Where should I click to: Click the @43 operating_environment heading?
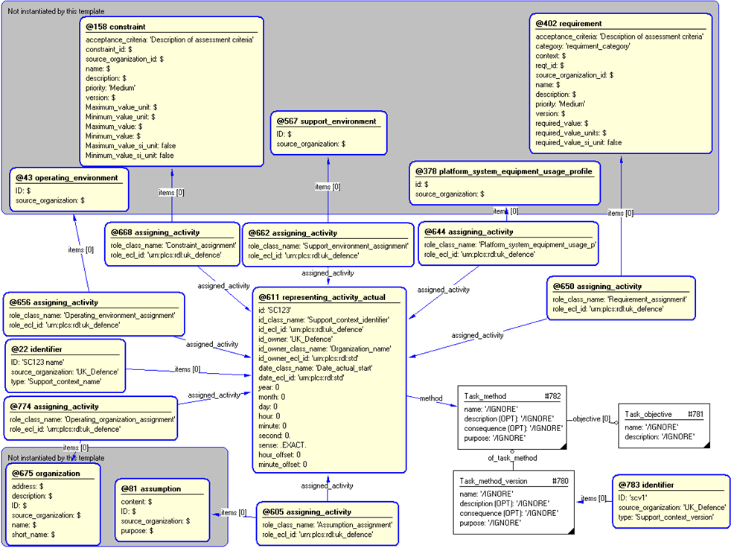point(67,178)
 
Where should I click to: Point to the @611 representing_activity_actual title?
point(322,297)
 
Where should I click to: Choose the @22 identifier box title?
point(36,348)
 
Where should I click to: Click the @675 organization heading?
point(46,473)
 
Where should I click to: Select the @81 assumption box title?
point(151,489)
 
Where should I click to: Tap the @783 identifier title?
point(647,485)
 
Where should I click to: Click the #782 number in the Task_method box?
point(552,397)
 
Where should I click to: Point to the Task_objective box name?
point(648,414)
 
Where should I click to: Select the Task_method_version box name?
point(494,481)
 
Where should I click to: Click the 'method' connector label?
point(430,398)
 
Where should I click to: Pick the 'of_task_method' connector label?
point(512,459)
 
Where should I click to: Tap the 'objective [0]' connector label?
point(591,418)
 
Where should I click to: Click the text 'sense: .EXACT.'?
point(282,445)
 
